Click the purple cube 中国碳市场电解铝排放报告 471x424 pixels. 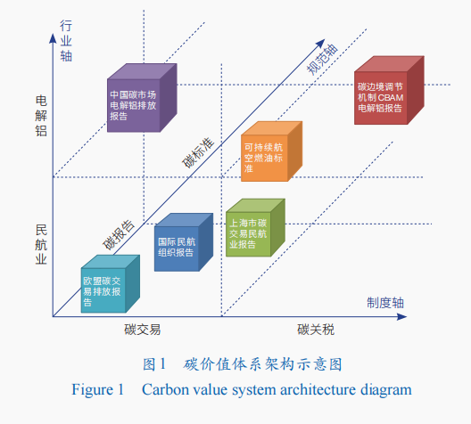click(x=142, y=98)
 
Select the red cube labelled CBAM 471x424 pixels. click(x=389, y=90)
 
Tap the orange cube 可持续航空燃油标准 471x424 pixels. click(x=271, y=151)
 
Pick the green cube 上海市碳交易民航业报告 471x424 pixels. click(x=255, y=228)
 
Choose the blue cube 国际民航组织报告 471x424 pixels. click(x=184, y=242)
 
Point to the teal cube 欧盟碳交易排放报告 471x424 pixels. click(x=111, y=283)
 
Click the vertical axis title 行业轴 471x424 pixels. click(x=66, y=40)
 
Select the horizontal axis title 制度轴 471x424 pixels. click(x=385, y=303)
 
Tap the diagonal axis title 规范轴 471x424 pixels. click(x=322, y=59)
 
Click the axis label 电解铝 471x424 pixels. click(x=41, y=116)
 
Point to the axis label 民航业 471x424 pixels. click(x=41, y=244)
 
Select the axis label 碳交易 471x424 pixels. click(x=143, y=330)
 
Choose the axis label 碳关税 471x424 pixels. click(x=316, y=330)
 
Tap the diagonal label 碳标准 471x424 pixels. click(x=198, y=152)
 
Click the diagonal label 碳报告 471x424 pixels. click(x=119, y=235)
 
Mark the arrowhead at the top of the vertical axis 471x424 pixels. click(x=53, y=37)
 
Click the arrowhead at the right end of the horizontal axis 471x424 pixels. click(x=402, y=316)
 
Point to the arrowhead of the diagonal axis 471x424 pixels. click(x=321, y=44)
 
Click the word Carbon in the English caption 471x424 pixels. click(x=165, y=389)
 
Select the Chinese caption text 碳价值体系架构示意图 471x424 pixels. click(x=263, y=364)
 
